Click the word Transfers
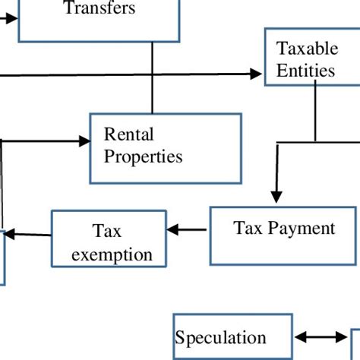tap(99, 9)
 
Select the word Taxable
tap(307, 49)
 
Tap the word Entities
tap(305, 71)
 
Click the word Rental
tap(128, 135)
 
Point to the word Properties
tap(143, 157)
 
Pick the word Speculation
tap(220, 338)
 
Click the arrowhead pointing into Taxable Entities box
tap(255, 74)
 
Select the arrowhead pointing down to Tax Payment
tap(276, 196)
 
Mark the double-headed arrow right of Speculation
tap(321, 338)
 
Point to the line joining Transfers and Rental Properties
tap(153, 76)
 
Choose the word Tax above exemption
tap(107, 231)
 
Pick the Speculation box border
tap(174, 338)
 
